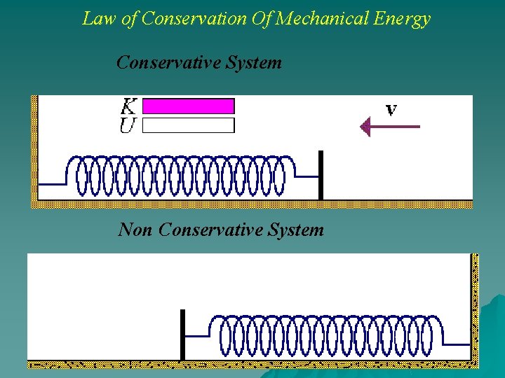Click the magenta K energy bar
[x=189, y=106]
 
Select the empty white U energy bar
[x=189, y=125]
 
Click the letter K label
[x=128, y=106]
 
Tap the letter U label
[x=128, y=126]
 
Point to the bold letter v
[x=391, y=110]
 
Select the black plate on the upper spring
[x=321, y=175]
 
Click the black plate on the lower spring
[x=182, y=335]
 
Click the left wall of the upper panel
[x=34, y=150]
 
